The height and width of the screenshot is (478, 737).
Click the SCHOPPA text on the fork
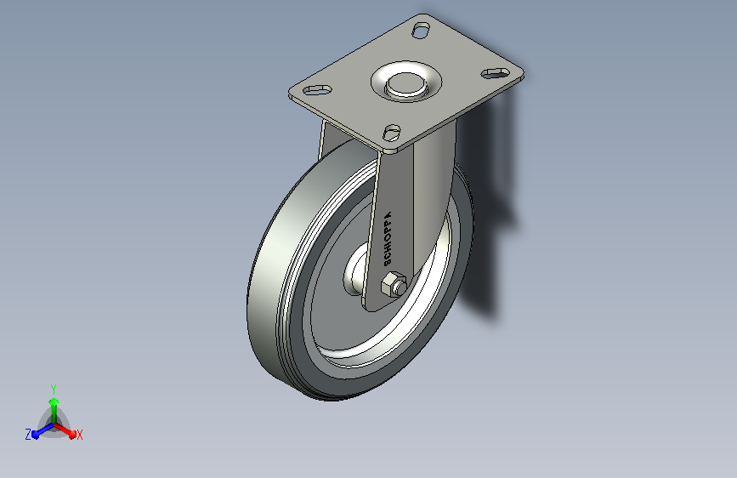[x=388, y=238]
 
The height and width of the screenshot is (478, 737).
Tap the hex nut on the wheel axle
[x=393, y=284]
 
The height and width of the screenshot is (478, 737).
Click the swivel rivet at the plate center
[x=405, y=84]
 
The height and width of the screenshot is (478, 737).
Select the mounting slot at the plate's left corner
[x=317, y=89]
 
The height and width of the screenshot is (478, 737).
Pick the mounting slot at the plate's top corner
[x=421, y=31]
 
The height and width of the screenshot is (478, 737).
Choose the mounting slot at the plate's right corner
[x=496, y=73]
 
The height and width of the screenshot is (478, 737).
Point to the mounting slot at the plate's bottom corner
[x=392, y=132]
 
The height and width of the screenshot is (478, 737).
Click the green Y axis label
[x=54, y=390]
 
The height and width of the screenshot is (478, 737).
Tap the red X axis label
[x=79, y=435]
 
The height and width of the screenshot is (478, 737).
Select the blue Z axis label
[x=28, y=435]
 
